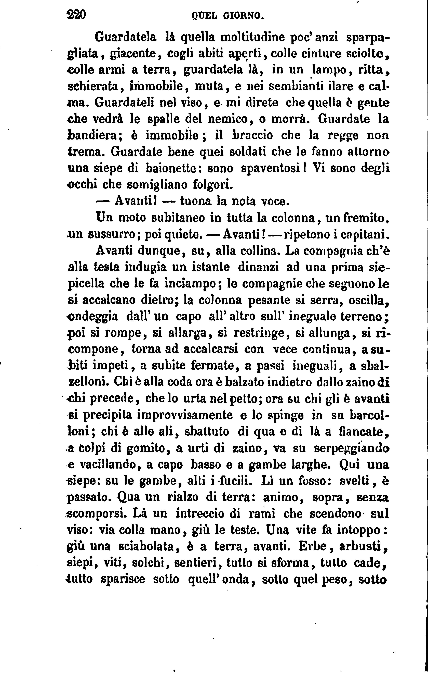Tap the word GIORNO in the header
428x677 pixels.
(x=243, y=16)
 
